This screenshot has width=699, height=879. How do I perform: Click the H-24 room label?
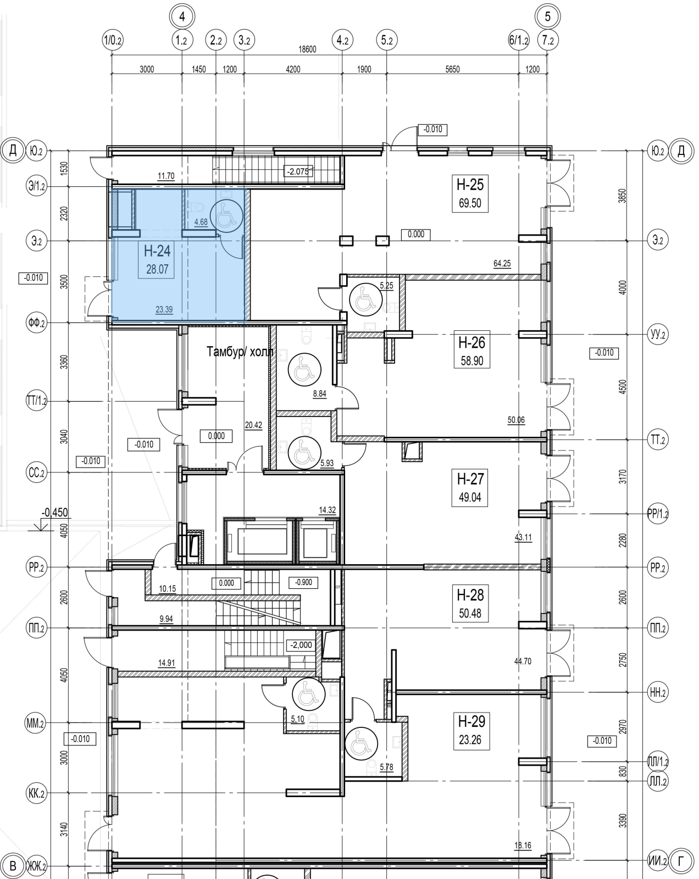click(x=157, y=251)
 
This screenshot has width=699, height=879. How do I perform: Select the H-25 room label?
click(x=470, y=185)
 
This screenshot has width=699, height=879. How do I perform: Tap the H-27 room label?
click(x=470, y=479)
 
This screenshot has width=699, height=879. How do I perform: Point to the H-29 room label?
click(x=471, y=721)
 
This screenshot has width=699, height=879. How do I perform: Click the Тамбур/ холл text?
click(x=240, y=352)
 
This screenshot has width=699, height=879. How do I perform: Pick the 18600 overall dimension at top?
click(x=307, y=49)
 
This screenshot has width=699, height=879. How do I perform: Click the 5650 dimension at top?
click(x=452, y=69)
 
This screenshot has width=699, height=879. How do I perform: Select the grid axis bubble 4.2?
click(x=342, y=41)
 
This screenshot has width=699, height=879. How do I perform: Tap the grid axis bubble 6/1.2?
click(x=518, y=41)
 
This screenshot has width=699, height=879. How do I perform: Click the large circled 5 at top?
click(x=547, y=16)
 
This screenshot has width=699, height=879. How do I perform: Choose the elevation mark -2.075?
click(x=298, y=171)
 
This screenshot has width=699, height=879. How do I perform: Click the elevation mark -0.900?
click(x=303, y=582)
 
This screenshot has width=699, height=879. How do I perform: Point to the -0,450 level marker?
click(x=54, y=513)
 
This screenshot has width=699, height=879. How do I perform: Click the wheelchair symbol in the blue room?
click(x=226, y=216)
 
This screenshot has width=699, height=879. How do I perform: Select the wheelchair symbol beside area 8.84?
click(x=304, y=370)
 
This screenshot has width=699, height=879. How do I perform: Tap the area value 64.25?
click(x=502, y=264)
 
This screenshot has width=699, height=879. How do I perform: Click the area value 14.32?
click(x=327, y=510)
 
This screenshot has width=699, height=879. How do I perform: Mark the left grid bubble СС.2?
click(x=36, y=472)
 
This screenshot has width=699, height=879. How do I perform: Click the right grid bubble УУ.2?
click(x=658, y=335)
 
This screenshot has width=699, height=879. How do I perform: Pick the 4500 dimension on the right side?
click(x=622, y=387)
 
